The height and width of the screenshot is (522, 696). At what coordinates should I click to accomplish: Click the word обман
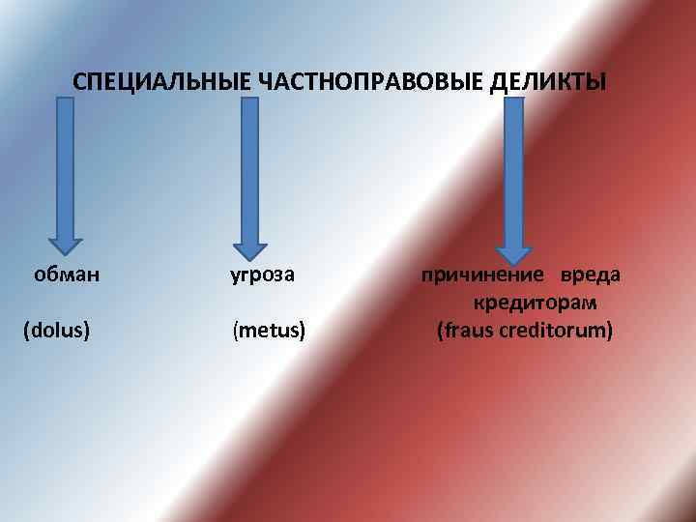click(67, 275)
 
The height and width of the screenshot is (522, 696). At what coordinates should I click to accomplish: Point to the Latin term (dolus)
click(57, 331)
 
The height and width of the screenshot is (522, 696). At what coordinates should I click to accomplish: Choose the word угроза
click(261, 275)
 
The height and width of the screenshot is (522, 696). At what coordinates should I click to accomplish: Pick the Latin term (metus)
click(269, 331)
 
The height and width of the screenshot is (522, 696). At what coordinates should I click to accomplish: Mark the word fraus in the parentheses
click(469, 331)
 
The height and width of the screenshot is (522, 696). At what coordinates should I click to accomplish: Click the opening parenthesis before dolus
click(26, 331)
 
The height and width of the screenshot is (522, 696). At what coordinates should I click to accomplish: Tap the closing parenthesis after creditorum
click(609, 331)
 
